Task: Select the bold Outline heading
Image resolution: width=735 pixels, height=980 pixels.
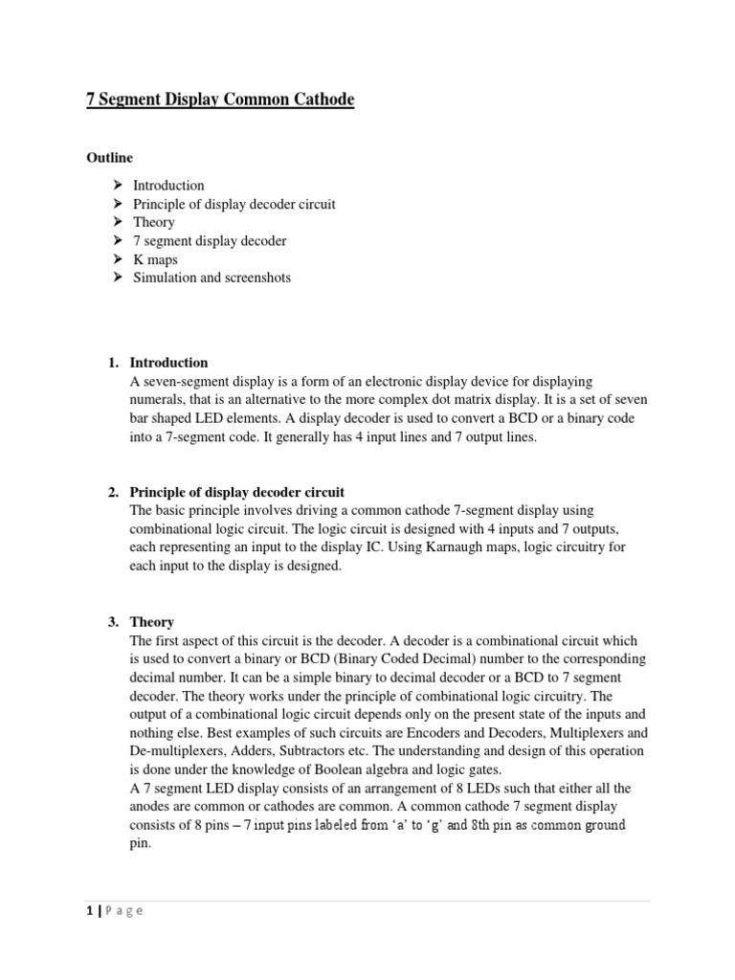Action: tap(110, 157)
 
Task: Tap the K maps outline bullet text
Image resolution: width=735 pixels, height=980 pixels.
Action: tap(155, 259)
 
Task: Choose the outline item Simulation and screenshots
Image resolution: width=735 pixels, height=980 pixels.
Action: tap(212, 278)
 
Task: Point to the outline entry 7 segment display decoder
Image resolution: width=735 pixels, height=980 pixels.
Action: tap(210, 240)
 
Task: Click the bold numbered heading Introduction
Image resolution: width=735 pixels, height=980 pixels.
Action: tap(168, 363)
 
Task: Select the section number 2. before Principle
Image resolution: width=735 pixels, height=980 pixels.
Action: tap(113, 492)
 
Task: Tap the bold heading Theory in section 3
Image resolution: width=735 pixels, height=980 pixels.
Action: tap(151, 621)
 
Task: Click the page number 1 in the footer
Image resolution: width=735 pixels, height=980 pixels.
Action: tap(88, 911)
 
